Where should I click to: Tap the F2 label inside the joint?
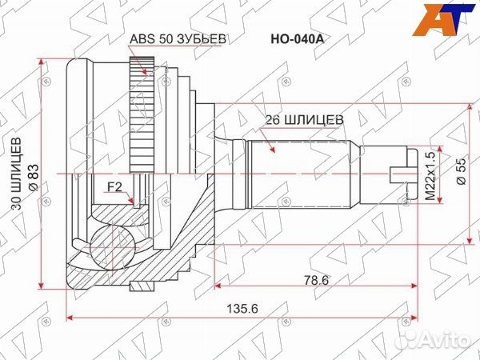(x=115, y=190)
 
